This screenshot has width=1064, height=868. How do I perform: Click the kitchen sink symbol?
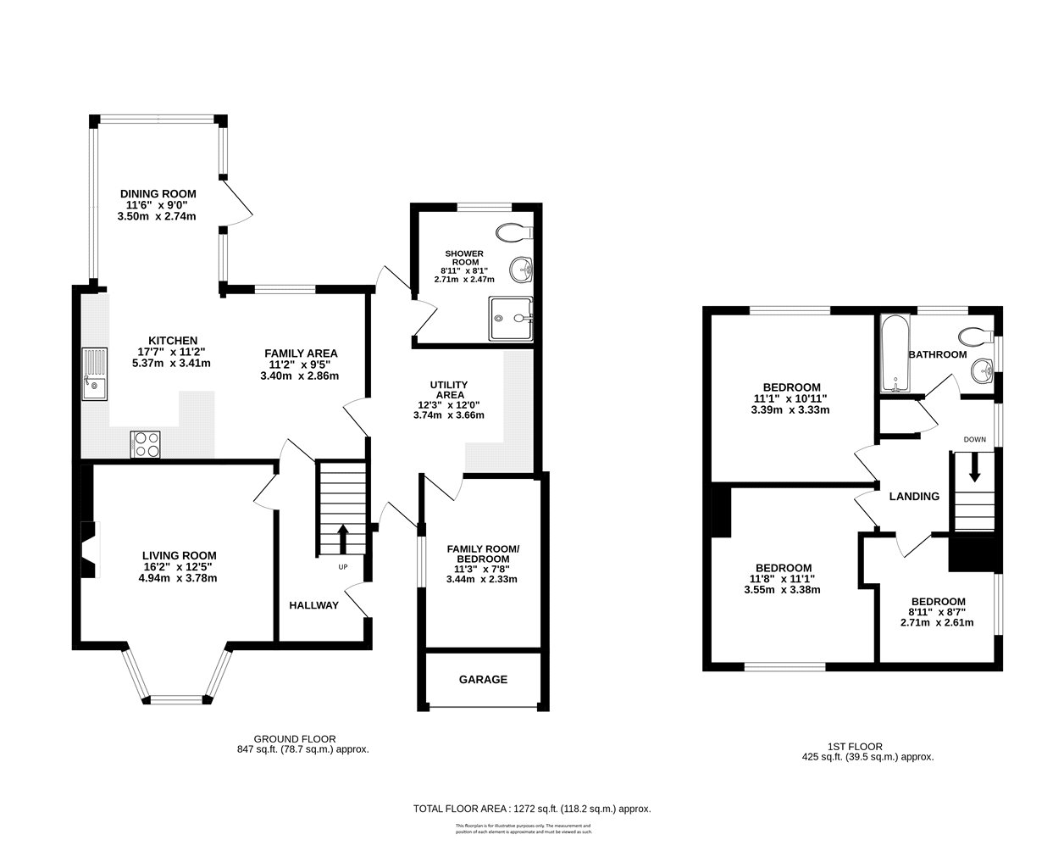coord(95,374)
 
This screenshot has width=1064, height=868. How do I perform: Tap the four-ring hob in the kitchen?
coord(145,445)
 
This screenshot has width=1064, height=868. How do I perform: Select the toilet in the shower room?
coord(514,232)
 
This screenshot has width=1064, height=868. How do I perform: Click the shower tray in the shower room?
coord(512,318)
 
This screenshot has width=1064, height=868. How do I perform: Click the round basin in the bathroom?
coord(982,370)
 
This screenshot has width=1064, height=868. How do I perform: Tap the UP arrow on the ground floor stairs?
coord(343,537)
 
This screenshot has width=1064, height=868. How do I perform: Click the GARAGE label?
coord(483,679)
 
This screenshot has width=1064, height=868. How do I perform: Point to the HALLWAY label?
coord(313,605)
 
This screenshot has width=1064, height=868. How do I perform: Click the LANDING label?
coord(913,497)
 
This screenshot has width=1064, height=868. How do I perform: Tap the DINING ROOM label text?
coord(158,193)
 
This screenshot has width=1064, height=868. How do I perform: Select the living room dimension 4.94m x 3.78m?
coord(180,579)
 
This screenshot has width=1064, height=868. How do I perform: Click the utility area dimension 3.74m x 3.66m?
coord(448,415)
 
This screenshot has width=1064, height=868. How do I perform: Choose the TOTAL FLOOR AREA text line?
coord(531,809)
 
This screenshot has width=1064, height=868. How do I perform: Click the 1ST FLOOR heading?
coord(867,746)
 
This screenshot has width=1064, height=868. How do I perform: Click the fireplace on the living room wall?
coord(89,549)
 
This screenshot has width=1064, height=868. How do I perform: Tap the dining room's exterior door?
coord(237,203)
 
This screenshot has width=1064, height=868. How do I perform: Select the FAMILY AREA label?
coord(301,353)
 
